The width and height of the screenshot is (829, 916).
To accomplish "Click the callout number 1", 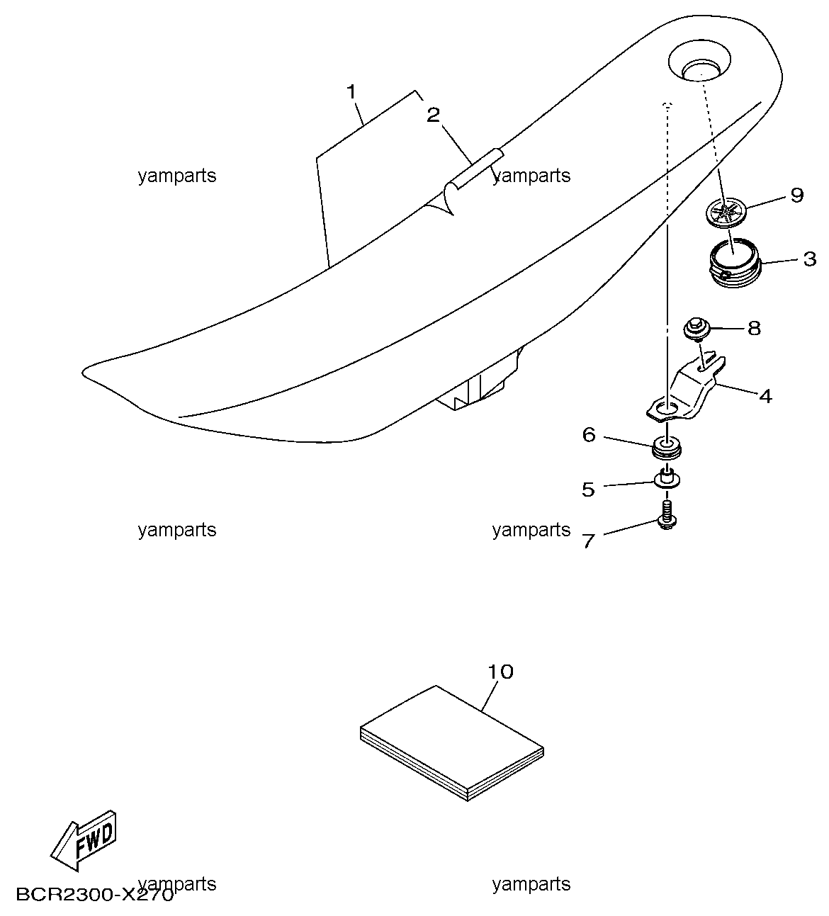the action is pos(351,92).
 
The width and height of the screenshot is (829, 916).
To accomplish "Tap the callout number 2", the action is pos(433,115).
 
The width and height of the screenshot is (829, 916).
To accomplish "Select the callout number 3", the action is pos(810,259).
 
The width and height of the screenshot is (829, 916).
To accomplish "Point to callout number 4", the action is pos(765,396).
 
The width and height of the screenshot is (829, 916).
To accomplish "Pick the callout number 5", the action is pos(588,490).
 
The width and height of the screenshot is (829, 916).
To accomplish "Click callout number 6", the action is pos(590,435).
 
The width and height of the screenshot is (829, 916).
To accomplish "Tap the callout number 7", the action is pos(589,541).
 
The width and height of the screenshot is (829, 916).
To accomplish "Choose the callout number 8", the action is pos(755,328).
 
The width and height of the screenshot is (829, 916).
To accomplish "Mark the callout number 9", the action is pos(797,196).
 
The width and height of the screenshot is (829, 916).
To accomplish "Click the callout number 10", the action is pos(501,672).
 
